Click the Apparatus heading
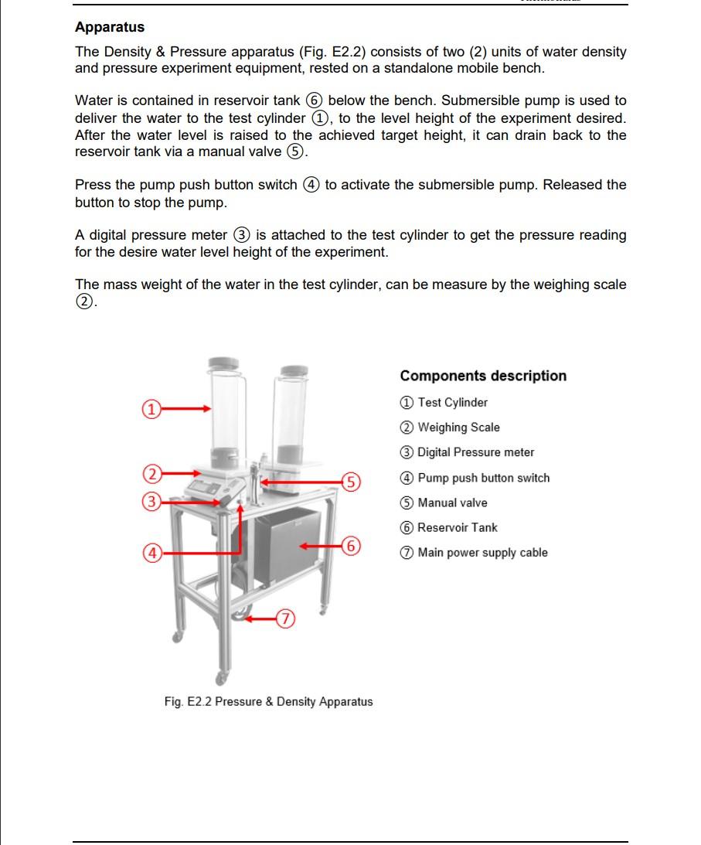click(x=110, y=27)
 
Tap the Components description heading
click(x=483, y=376)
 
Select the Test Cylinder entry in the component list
click(x=444, y=402)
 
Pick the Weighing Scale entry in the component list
click(x=450, y=428)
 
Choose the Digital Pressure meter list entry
click(x=467, y=452)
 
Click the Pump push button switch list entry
click(x=475, y=478)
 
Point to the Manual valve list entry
click(x=444, y=503)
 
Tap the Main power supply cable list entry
click(x=474, y=553)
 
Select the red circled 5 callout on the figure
click(x=351, y=482)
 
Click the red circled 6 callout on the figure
click(x=351, y=546)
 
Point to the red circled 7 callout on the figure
click(x=286, y=618)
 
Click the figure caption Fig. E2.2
click(x=268, y=702)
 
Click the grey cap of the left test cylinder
click(x=223, y=363)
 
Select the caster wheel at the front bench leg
click(x=223, y=678)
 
